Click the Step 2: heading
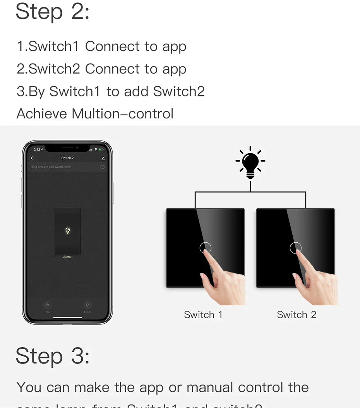tap(53, 12)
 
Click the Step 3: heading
tap(53, 356)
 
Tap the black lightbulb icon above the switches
tap(250, 163)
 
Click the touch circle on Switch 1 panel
tap(205, 248)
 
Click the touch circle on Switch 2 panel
tap(295, 248)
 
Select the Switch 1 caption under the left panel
tap(203, 315)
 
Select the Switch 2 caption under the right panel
tap(297, 315)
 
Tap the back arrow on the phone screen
tap(32, 158)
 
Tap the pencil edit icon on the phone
tap(103, 158)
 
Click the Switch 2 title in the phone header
tap(67, 158)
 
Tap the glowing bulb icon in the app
tap(67, 231)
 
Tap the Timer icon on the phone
tap(47, 305)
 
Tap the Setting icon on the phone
tap(87, 305)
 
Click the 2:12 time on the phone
tap(37, 149)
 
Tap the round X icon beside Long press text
tap(102, 167)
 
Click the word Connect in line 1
tap(113, 46)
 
